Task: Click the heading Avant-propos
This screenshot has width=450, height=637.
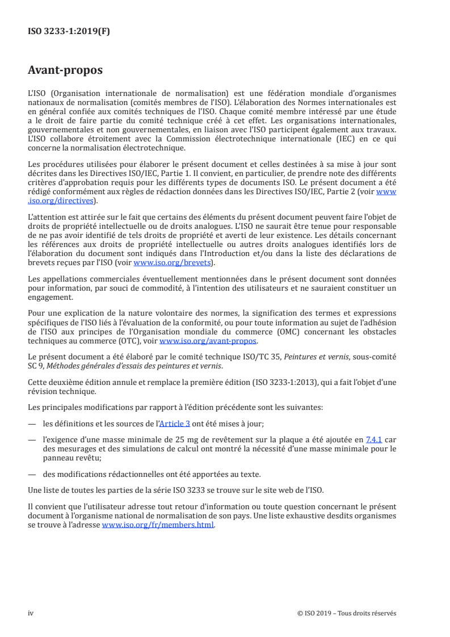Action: (x=65, y=71)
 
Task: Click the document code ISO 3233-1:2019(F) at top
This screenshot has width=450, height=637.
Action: (x=69, y=31)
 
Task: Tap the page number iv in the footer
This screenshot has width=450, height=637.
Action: (x=31, y=613)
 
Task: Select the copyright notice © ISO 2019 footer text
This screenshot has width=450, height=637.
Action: (x=346, y=613)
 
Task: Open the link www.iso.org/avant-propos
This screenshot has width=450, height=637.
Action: (x=208, y=341)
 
